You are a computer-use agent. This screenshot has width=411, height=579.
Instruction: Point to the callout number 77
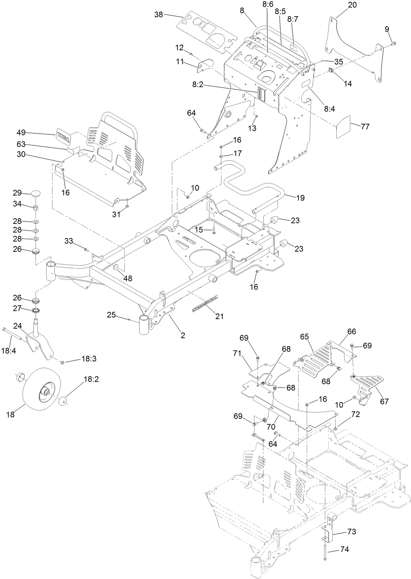coord(365,126)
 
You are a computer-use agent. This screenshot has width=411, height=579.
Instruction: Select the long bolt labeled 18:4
coord(12,334)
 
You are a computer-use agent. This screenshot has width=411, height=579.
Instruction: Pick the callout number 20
coord(352,5)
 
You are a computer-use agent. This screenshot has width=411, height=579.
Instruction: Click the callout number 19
coord(300,198)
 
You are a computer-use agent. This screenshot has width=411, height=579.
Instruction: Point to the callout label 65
coord(305,337)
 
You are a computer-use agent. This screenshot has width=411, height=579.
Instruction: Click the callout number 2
coord(183,335)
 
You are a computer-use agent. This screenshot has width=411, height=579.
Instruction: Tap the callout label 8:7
coord(293,19)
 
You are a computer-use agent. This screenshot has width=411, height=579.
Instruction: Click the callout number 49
coord(21,133)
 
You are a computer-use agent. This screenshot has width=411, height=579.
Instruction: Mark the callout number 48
coord(128,278)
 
